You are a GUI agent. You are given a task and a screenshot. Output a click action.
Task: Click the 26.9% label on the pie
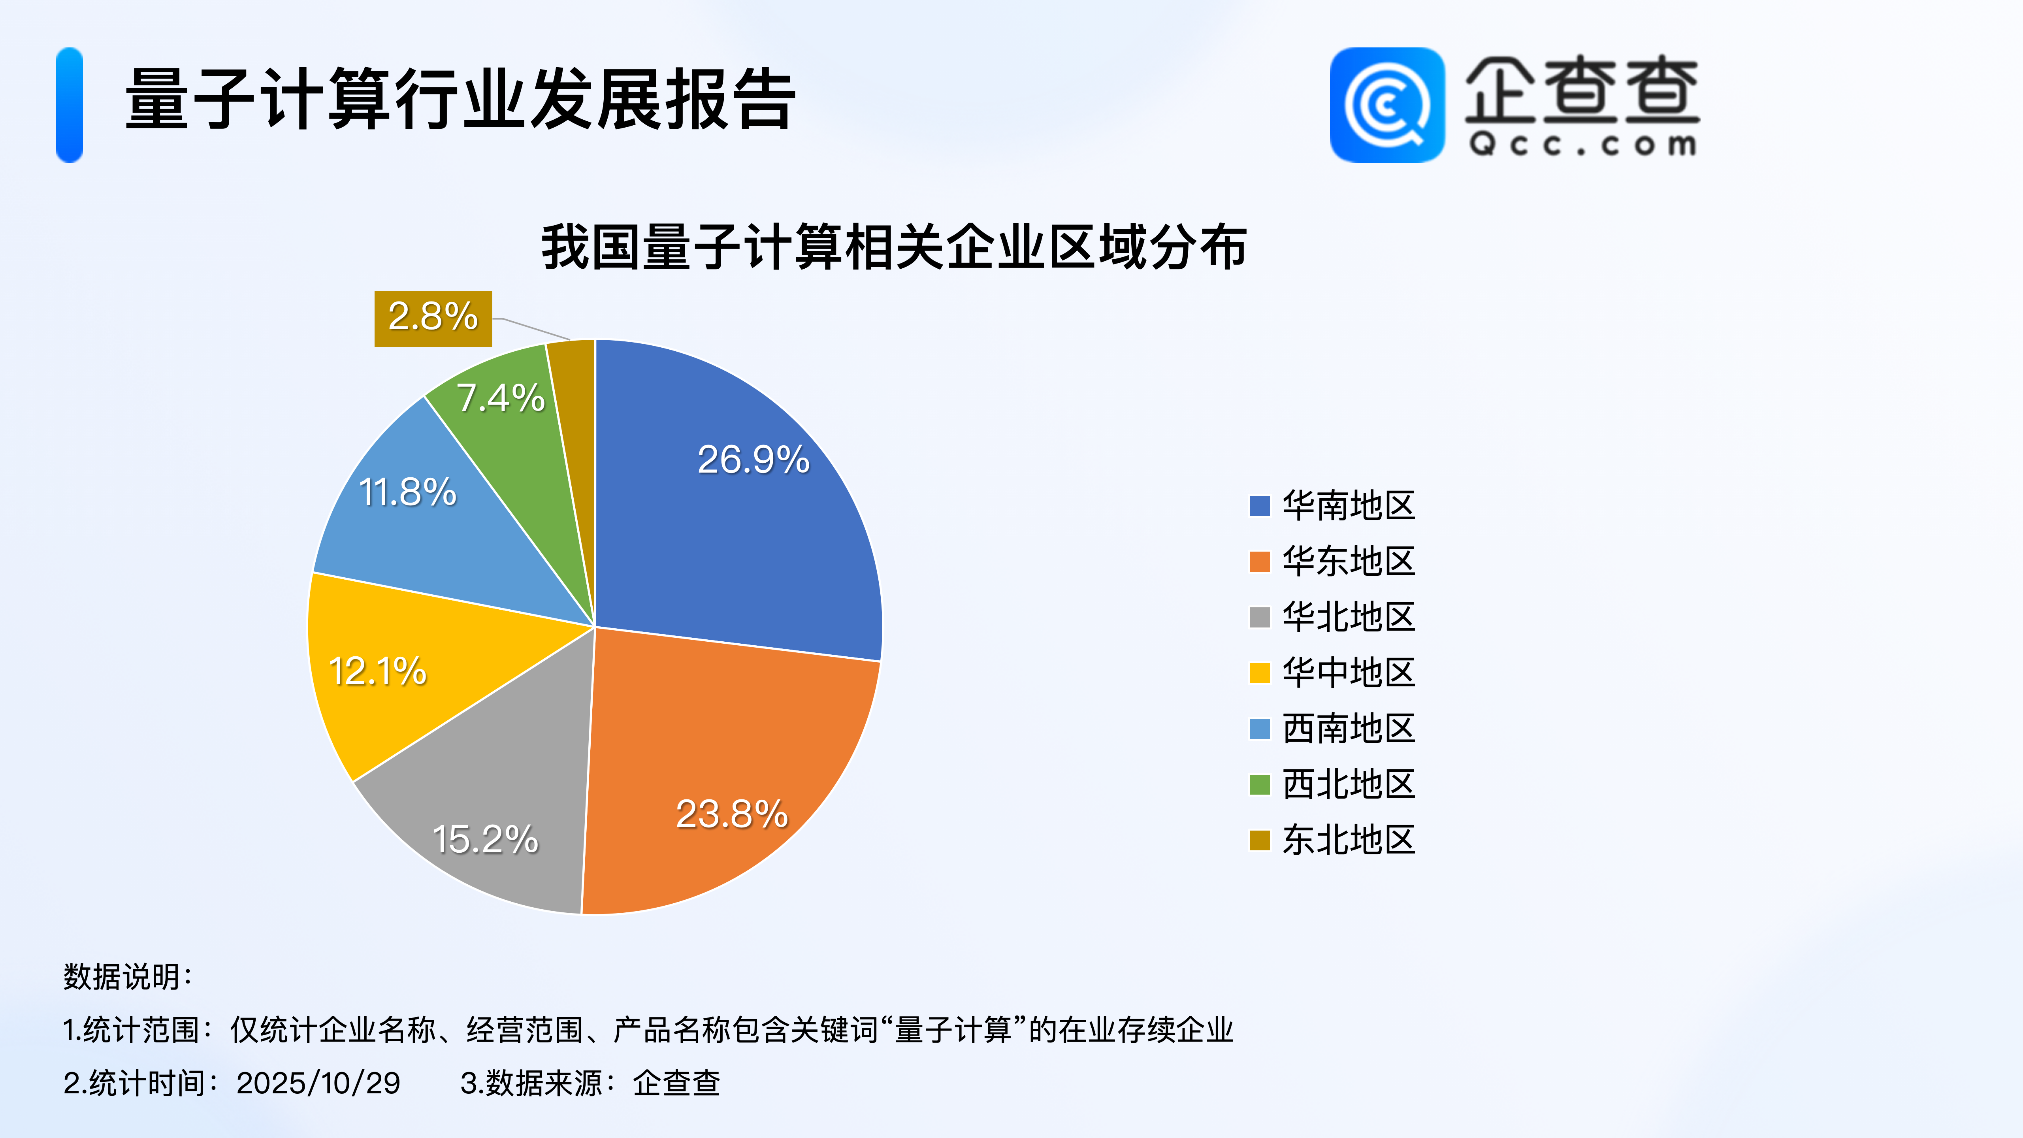point(753,460)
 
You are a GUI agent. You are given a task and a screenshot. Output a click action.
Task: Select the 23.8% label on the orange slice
point(732,814)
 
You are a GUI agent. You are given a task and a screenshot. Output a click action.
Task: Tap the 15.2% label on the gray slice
point(485,839)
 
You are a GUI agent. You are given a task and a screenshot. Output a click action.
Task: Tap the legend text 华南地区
point(1349,505)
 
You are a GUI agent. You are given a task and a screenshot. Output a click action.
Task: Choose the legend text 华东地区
point(1349,561)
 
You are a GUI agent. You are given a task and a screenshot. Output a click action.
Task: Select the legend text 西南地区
point(1349,728)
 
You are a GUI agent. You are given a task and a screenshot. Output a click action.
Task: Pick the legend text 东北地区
point(1349,840)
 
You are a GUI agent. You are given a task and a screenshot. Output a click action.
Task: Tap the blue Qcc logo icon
point(1387,105)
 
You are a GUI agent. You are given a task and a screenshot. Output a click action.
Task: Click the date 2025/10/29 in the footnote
point(318,1083)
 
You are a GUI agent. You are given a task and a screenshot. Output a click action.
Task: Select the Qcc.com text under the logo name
point(1583,145)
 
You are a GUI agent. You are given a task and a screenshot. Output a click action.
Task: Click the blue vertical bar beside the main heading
point(69,105)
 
